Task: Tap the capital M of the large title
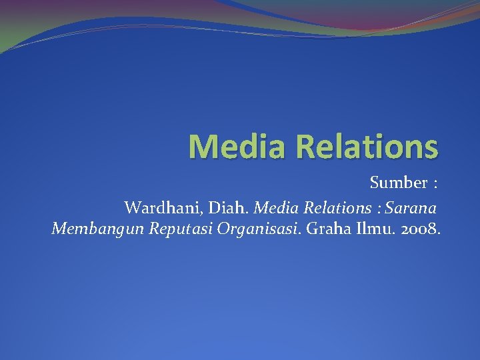coord(202,146)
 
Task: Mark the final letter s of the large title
coord(431,149)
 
